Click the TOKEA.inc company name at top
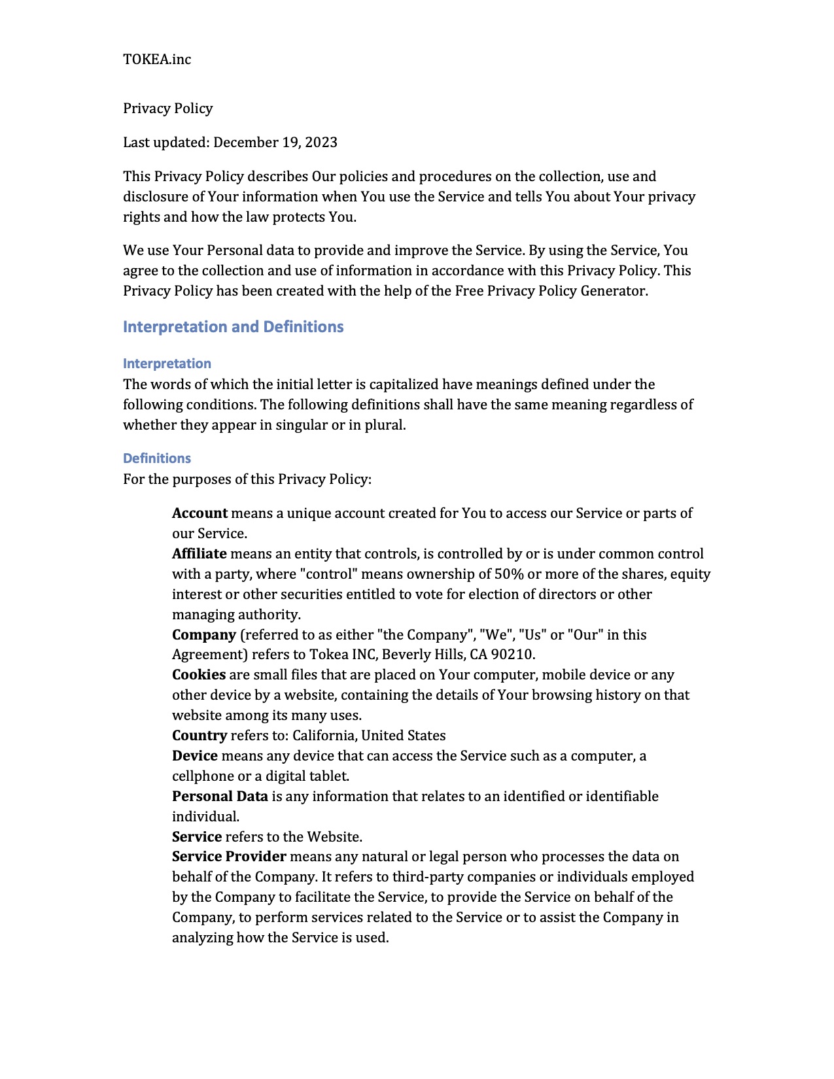[157, 60]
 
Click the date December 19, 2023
[275, 143]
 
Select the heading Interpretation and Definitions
[233, 327]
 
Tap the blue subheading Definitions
[157, 458]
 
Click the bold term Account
[200, 513]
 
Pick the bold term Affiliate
[199, 554]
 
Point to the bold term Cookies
[199, 675]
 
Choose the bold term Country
[200, 736]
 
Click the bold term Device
[195, 756]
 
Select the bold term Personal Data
[220, 796]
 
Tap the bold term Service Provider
[229, 857]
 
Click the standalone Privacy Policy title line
[168, 109]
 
